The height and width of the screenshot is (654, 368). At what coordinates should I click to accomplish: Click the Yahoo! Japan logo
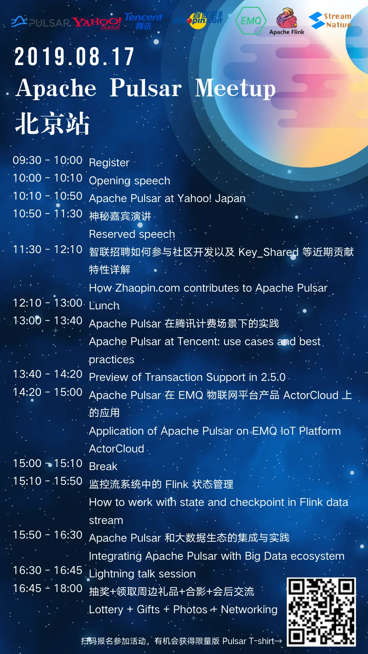(x=96, y=23)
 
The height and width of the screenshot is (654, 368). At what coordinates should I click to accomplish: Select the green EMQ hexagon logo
(x=250, y=21)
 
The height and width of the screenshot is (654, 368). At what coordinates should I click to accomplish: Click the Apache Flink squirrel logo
(x=287, y=22)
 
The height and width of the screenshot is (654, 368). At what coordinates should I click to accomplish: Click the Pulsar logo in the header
(x=41, y=22)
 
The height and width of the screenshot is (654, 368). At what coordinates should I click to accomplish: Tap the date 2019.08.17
(x=74, y=57)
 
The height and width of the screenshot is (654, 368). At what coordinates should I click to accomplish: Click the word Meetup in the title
(x=235, y=88)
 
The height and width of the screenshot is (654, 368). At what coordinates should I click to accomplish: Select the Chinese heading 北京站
(x=52, y=123)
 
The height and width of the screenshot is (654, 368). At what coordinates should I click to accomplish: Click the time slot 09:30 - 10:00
(x=47, y=160)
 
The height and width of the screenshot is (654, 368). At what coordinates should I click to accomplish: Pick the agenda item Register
(x=109, y=163)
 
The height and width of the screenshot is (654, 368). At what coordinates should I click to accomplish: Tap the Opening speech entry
(x=129, y=181)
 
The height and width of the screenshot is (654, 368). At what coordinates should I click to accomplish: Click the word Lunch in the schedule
(x=104, y=306)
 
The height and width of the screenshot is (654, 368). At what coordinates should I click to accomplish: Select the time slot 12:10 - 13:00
(x=47, y=303)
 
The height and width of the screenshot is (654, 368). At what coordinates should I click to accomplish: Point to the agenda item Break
(x=103, y=466)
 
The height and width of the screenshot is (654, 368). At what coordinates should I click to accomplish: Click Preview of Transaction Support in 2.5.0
(x=187, y=377)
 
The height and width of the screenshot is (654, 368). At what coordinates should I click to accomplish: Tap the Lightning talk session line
(x=142, y=574)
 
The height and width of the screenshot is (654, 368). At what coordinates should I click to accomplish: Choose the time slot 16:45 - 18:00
(x=47, y=588)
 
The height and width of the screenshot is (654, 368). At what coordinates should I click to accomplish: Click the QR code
(x=321, y=612)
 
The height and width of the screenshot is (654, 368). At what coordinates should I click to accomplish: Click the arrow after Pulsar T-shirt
(x=278, y=641)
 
